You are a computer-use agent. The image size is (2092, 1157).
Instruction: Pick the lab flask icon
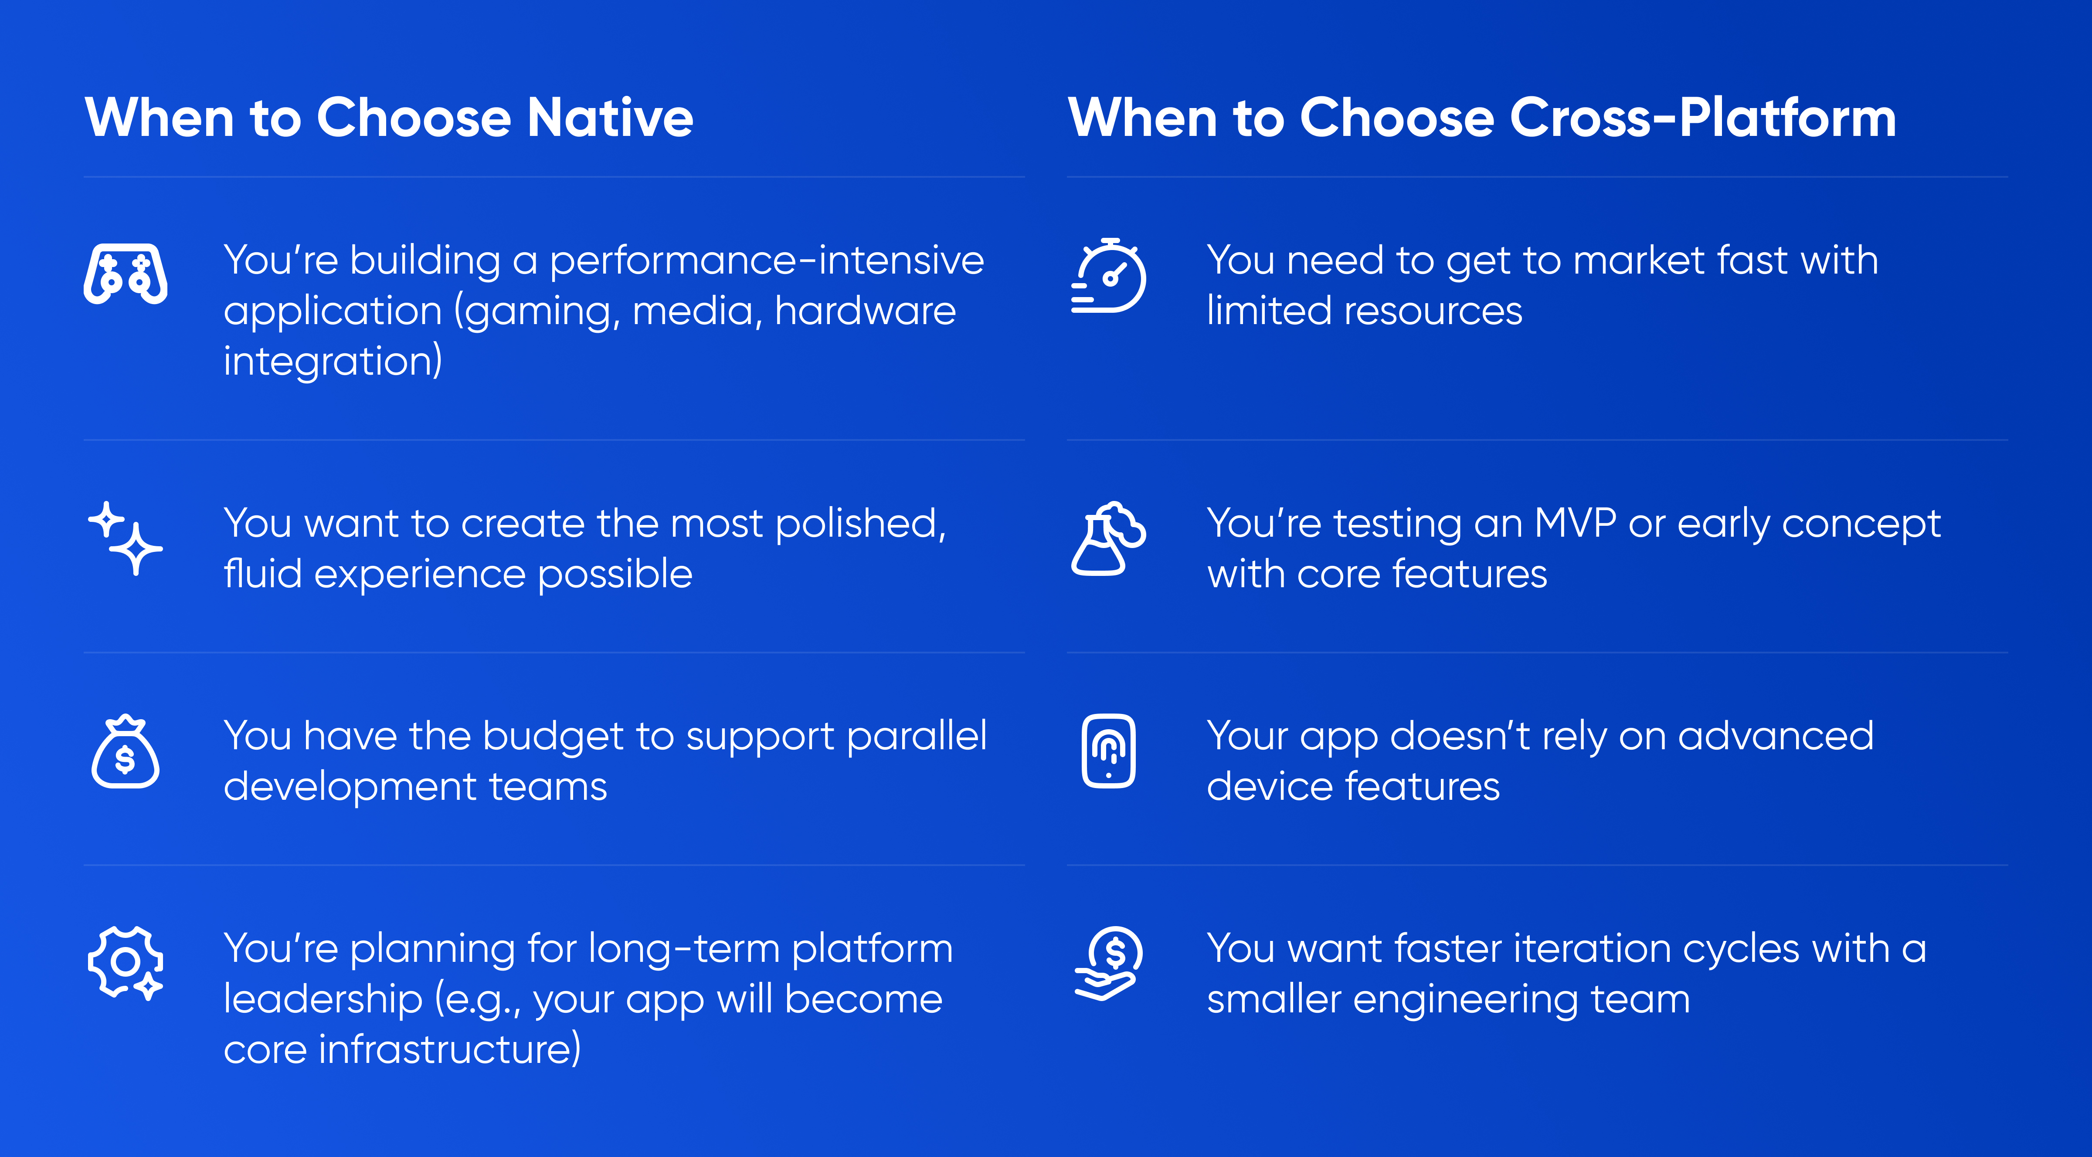point(1108,538)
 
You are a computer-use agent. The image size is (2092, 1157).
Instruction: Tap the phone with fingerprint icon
point(1108,751)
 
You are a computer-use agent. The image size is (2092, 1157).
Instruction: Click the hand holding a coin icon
point(1108,964)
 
